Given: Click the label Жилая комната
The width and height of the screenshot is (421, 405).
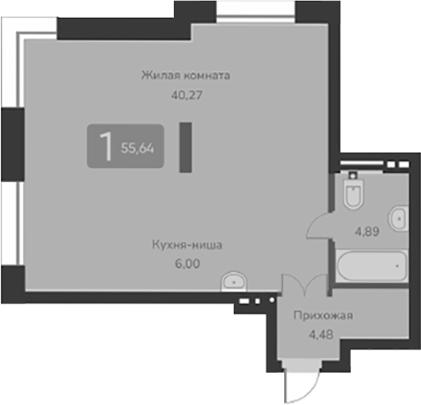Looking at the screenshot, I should [x=186, y=75].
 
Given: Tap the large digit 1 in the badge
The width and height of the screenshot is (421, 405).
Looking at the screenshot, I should [x=106, y=146].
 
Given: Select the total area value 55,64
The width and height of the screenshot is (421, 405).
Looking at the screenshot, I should [x=138, y=149].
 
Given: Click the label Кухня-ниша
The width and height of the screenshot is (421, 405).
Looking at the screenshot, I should [x=189, y=246].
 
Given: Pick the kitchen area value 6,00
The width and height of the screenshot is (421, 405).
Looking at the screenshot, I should [x=189, y=263].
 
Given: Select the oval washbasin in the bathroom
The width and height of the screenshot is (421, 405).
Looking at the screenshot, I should [x=398, y=219].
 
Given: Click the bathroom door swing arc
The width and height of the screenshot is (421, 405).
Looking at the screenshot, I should [x=319, y=222].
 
